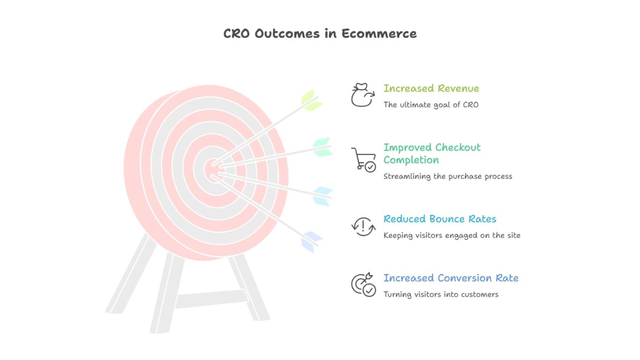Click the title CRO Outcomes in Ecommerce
click(x=320, y=34)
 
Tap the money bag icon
click(x=362, y=95)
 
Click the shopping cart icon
click(x=363, y=159)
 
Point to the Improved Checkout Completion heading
click(x=432, y=153)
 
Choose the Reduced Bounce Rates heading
click(x=440, y=219)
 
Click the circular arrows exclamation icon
click(x=363, y=226)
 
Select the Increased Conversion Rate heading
click(x=451, y=278)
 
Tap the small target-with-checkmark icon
click(x=363, y=285)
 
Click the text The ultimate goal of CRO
click(x=431, y=105)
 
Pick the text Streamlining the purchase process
click(x=447, y=176)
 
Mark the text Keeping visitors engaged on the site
click(x=452, y=235)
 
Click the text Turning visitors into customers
click(x=441, y=294)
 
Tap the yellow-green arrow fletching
click(x=311, y=100)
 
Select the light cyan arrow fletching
click(x=323, y=196)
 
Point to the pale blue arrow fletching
click(x=311, y=242)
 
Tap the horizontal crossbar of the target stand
click(x=211, y=299)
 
